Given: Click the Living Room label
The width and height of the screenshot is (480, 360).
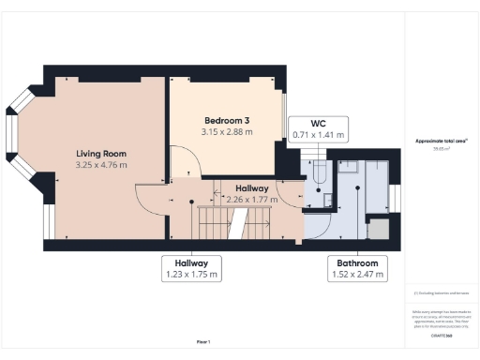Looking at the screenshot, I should click(101, 153).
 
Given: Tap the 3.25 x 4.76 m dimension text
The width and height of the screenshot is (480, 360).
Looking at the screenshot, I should click(101, 165).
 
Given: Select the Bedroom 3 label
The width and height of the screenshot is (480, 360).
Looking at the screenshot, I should click(227, 121).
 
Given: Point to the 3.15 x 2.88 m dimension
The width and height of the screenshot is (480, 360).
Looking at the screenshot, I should click(227, 132).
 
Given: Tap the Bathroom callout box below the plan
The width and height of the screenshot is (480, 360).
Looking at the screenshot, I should click(358, 269).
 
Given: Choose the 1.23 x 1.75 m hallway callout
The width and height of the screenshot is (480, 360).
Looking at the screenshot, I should click(191, 268).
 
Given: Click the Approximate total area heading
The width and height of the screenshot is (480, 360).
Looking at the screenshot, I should click(442, 141).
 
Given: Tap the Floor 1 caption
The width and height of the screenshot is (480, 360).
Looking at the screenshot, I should click(202, 340).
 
